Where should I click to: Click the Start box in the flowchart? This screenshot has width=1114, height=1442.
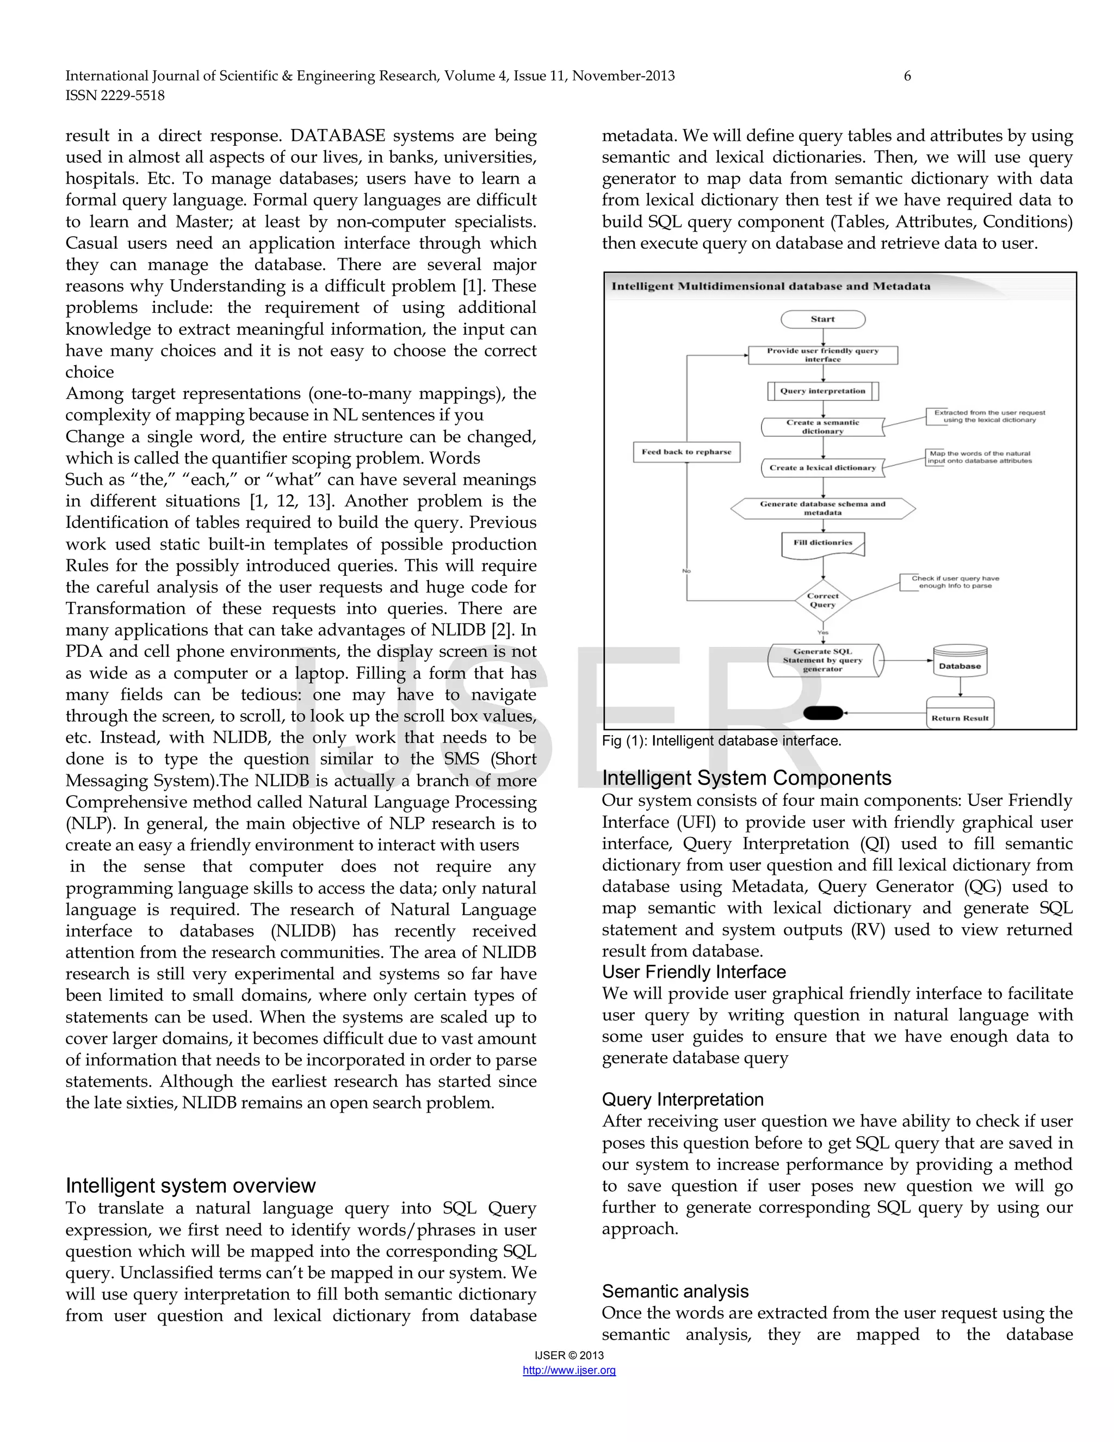[x=822, y=319]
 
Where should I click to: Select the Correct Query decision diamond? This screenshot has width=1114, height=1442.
[x=822, y=600]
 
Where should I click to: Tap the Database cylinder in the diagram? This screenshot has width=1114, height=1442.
[x=960, y=663]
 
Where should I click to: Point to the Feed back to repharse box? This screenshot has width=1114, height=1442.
[x=686, y=452]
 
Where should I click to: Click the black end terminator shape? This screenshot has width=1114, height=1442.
[x=823, y=712]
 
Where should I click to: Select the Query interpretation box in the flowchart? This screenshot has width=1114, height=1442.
[x=822, y=391]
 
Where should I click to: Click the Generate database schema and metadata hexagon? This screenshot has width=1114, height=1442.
[x=822, y=508]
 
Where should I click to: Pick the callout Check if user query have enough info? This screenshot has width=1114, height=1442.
[x=955, y=582]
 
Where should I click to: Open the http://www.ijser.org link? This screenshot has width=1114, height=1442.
[x=569, y=1370]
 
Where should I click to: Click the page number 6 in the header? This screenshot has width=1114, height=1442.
[x=907, y=76]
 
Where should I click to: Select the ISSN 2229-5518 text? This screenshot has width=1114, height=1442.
[x=115, y=96]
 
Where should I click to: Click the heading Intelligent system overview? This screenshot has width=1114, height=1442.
[x=190, y=1185]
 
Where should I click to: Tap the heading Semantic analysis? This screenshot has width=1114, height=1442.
[x=674, y=1291]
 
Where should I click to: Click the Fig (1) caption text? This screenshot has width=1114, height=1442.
[x=721, y=741]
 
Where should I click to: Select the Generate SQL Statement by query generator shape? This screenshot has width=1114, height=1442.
[x=822, y=660]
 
